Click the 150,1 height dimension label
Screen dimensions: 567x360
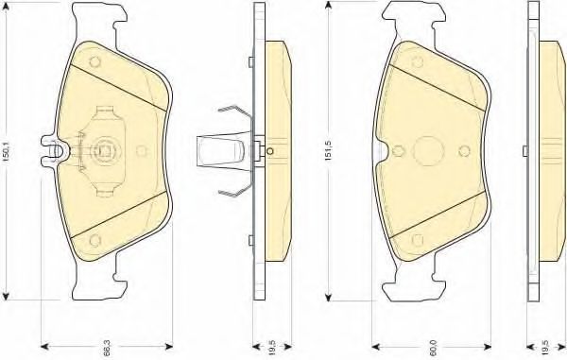8,151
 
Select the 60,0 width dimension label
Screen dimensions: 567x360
434,348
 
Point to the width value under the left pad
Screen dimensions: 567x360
106,348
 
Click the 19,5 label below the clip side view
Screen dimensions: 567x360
273,348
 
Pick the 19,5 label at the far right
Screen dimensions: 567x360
546,348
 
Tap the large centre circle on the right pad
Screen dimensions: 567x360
428,151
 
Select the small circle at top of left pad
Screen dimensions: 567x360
94,61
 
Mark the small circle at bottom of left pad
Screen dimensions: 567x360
94,240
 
